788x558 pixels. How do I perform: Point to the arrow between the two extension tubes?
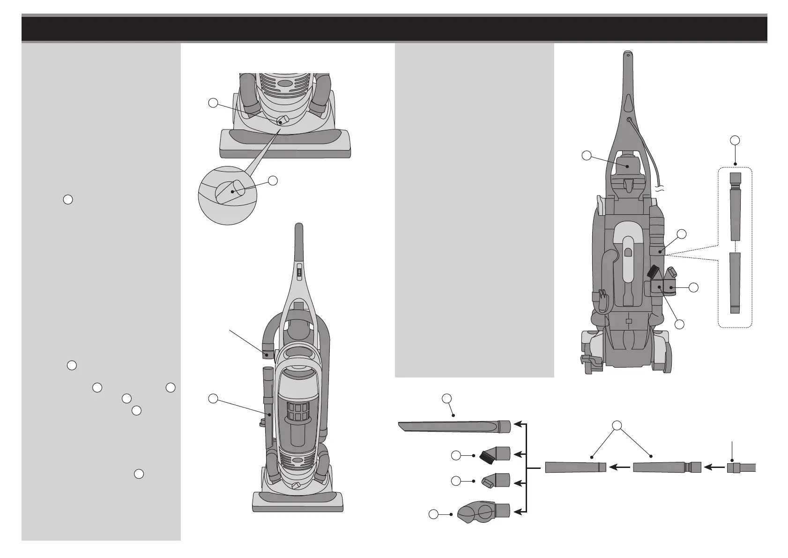[x=620, y=467]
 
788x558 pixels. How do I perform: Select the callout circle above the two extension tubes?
[x=617, y=426]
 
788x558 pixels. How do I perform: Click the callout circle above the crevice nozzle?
[x=447, y=398]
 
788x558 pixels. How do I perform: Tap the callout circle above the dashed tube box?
[x=735, y=140]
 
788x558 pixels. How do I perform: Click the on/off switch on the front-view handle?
[x=298, y=271]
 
